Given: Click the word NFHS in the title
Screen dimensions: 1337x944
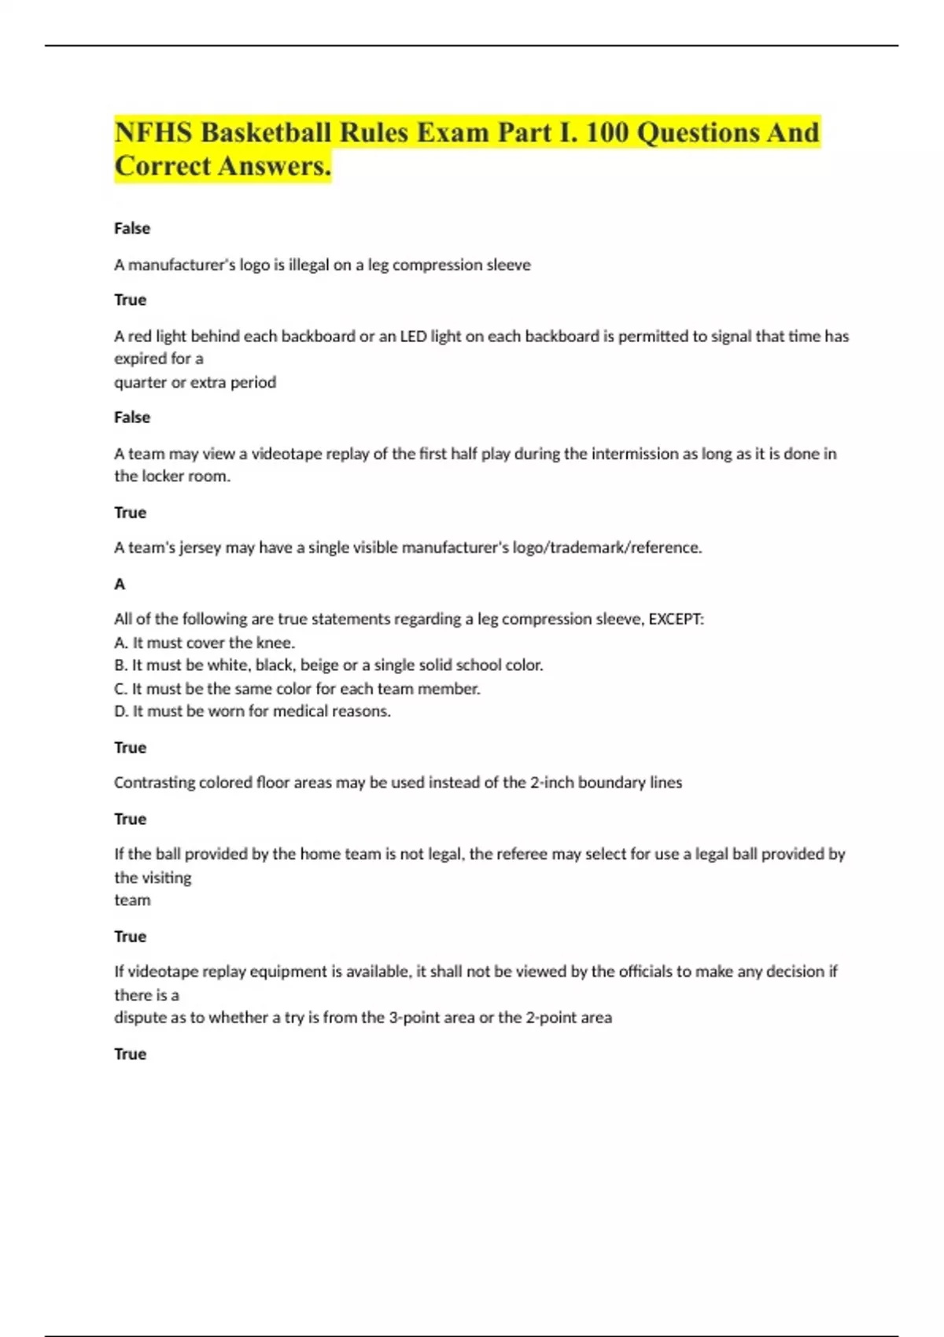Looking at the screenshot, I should [153, 132].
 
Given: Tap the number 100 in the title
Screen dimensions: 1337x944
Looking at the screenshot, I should [607, 132].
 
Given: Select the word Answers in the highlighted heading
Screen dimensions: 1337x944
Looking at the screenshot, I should [275, 166].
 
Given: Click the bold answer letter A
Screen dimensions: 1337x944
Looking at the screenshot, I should [120, 584].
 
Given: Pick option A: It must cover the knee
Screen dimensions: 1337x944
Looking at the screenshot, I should [205, 642].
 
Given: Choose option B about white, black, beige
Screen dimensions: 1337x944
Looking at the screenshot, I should [329, 665].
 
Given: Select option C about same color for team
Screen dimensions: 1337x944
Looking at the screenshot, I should [297, 688].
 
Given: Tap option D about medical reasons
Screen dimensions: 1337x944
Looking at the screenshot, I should [253, 711].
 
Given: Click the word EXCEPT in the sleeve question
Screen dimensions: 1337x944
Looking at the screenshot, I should [675, 619].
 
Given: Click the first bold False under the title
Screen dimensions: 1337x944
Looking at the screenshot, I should [132, 228].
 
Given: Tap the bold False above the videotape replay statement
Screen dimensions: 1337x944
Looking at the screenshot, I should [132, 417].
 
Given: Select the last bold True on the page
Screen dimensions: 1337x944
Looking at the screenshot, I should [131, 1054].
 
